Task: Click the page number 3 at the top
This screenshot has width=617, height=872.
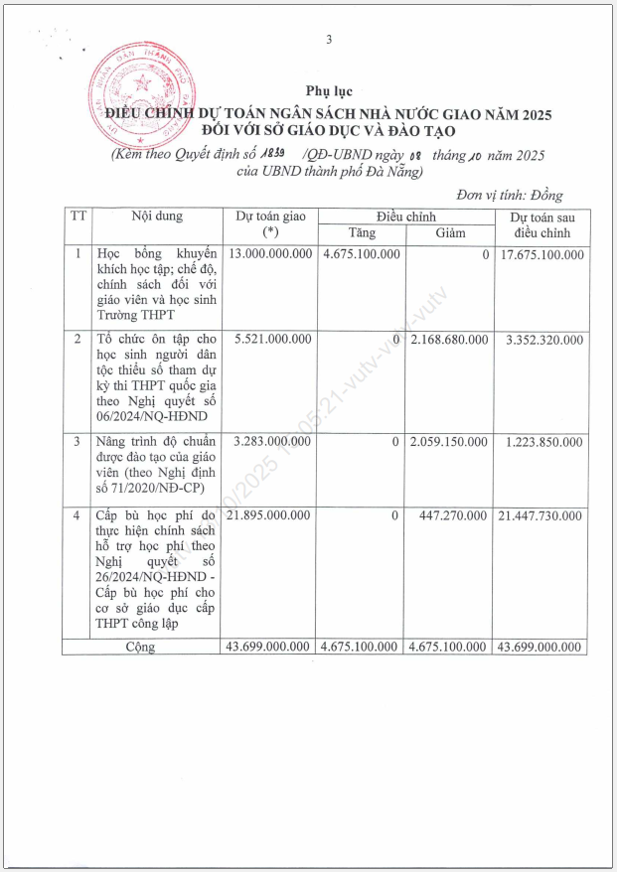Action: (x=328, y=39)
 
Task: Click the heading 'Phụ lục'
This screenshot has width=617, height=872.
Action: (x=328, y=92)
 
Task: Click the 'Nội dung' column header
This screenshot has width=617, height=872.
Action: (x=156, y=217)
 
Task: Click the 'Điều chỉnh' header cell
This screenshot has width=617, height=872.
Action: (x=405, y=217)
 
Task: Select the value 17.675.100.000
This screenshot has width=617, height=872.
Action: (x=542, y=255)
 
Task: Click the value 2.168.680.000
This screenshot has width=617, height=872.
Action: (x=448, y=340)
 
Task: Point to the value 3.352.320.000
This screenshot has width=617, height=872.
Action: (x=542, y=340)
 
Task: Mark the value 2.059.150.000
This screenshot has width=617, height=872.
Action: (x=448, y=440)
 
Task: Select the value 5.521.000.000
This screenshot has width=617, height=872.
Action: (x=273, y=340)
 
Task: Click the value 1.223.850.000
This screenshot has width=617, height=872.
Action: (x=542, y=440)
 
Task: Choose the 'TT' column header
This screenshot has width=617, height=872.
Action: (x=75, y=217)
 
